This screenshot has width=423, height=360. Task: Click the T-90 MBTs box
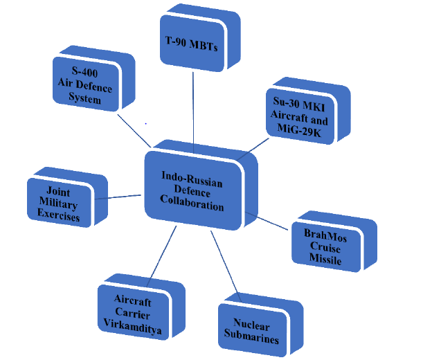(199, 38)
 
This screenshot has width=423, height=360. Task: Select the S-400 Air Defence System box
(93, 78)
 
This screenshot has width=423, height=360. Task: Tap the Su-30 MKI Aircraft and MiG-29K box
(308, 111)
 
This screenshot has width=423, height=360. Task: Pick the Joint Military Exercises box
(67, 197)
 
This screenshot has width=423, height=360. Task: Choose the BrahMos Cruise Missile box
(334, 242)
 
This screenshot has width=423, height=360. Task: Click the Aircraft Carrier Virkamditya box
(141, 307)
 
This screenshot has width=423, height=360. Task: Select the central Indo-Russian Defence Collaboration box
(201, 185)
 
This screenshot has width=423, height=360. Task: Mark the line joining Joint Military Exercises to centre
(118, 197)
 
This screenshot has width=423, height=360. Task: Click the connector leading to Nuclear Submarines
(226, 267)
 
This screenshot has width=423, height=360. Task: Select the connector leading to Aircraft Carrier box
(161, 256)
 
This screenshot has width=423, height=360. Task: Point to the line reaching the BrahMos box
(267, 221)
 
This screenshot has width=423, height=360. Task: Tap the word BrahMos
(325, 235)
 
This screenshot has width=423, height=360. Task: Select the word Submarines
(251, 336)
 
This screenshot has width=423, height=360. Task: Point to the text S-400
(84, 71)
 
